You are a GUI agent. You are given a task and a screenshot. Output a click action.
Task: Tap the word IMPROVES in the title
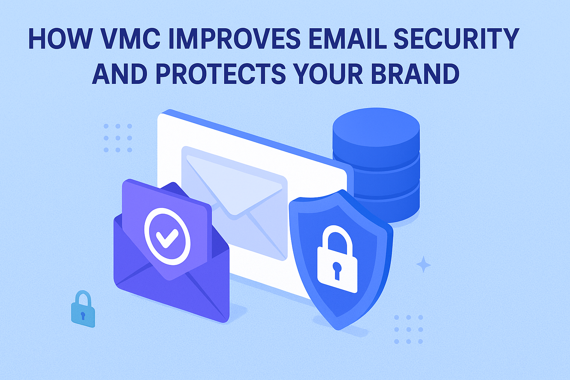point(235,39)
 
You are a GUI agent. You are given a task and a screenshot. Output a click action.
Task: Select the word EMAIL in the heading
point(347,39)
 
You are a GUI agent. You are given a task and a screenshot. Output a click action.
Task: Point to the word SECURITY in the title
point(456,39)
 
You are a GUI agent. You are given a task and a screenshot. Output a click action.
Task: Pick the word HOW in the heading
point(60,39)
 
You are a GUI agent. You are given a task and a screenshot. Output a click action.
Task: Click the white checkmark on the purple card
point(167,238)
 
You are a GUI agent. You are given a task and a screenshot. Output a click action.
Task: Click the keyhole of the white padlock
point(337,271)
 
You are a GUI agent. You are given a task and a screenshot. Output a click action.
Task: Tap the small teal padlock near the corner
point(83,309)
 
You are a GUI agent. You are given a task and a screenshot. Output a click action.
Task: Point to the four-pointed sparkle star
point(423,265)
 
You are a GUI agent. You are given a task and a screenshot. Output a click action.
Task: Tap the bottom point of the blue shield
point(338,330)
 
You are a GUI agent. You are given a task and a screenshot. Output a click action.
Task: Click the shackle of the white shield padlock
point(337,238)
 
